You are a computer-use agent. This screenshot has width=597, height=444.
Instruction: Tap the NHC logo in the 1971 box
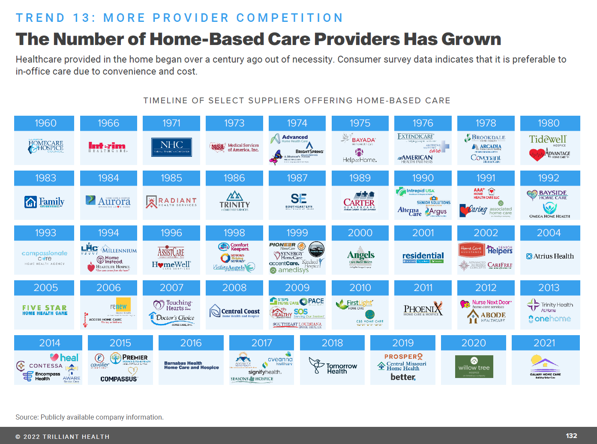pos(171,147)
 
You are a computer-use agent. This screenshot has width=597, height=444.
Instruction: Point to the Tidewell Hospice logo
pos(548,140)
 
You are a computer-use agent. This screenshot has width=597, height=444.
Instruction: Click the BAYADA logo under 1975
pos(363,140)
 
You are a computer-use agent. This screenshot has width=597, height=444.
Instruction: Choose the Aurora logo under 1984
pos(108,201)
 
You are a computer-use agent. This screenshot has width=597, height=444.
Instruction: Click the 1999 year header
pos(297,233)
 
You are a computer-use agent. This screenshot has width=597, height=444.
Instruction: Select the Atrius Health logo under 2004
pos(550,256)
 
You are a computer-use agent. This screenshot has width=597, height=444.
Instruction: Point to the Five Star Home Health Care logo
pos(45,310)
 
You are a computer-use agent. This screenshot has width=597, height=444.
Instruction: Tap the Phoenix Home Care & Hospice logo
pos(423,310)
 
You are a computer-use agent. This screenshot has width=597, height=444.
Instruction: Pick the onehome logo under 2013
pos(550,319)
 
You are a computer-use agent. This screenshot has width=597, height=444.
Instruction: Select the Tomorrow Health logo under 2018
pos(333,367)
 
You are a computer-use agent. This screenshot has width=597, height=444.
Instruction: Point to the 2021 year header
pos(545,343)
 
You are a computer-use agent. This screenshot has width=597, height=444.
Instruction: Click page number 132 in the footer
pos(571,435)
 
